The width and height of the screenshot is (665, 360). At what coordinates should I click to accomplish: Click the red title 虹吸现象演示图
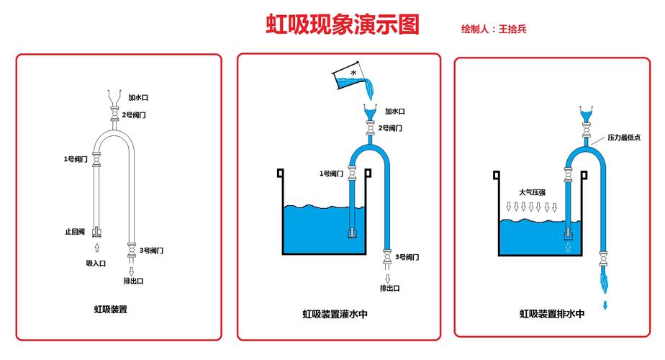tap(343, 24)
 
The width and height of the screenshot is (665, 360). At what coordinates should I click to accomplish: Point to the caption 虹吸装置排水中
tap(552, 314)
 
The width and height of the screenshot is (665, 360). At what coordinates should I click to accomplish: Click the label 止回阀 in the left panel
tap(75, 232)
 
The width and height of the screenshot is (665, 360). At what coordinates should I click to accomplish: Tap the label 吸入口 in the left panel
tap(96, 264)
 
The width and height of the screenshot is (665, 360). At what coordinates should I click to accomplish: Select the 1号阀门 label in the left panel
tap(75, 158)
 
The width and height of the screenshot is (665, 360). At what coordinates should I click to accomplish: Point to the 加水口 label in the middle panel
tap(394, 112)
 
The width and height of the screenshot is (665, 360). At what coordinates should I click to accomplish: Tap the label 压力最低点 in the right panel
tap(624, 137)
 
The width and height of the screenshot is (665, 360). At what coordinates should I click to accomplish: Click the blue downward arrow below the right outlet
tap(605, 305)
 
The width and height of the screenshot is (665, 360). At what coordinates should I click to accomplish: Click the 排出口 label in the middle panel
tap(389, 288)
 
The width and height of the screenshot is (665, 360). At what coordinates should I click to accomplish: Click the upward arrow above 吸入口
tap(97, 248)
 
